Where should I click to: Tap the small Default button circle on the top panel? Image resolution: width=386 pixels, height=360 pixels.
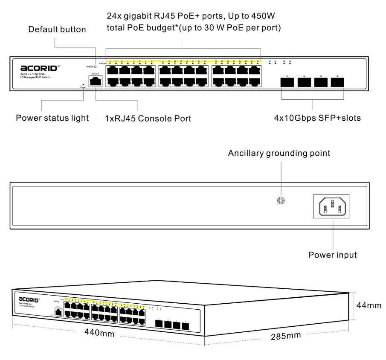pyautogui.click(x=95, y=67)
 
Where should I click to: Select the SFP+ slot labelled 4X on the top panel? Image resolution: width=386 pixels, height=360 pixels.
pyautogui.click(x=337, y=82)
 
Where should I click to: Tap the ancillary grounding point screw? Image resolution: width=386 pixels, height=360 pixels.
pyautogui.click(x=281, y=200)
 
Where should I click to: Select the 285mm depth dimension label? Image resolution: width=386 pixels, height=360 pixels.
pyautogui.click(x=286, y=336)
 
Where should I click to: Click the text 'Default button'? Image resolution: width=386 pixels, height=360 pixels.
pyautogui.click(x=57, y=29)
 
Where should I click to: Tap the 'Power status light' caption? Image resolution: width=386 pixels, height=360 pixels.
pyautogui.click(x=52, y=118)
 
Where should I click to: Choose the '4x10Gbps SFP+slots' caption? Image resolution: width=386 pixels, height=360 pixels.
pyautogui.click(x=317, y=118)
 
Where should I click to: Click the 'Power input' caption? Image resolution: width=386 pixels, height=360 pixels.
pyautogui.click(x=333, y=255)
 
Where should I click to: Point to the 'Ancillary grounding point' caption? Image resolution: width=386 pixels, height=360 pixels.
pyautogui.click(x=279, y=153)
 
